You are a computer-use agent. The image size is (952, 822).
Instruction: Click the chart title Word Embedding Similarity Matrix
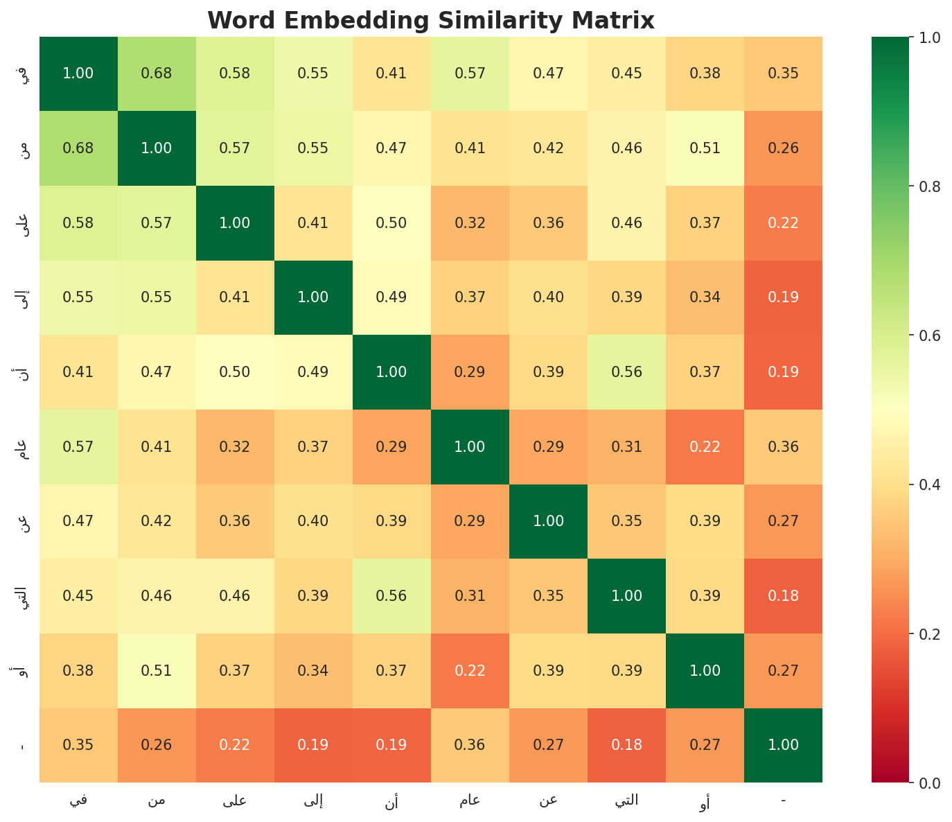pyautogui.click(x=430, y=20)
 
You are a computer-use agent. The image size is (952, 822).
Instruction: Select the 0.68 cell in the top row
pyautogui.click(x=157, y=73)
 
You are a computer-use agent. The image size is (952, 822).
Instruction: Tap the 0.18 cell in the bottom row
pyautogui.click(x=626, y=745)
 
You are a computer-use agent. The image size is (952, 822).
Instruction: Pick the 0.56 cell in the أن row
pyautogui.click(x=626, y=372)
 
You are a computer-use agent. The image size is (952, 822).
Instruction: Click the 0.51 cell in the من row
pyautogui.click(x=705, y=148)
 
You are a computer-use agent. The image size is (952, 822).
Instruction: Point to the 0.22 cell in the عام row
pyautogui.click(x=705, y=447)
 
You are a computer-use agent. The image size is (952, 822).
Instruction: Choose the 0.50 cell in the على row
pyautogui.click(x=391, y=223)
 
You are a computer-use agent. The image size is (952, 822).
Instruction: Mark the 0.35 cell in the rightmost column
pyautogui.click(x=783, y=73)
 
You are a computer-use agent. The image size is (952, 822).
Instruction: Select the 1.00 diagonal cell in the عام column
pyautogui.click(x=470, y=447)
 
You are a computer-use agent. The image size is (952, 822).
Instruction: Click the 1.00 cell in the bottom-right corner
pyautogui.click(x=783, y=745)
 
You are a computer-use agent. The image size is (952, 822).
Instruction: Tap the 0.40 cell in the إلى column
pyautogui.click(x=313, y=521)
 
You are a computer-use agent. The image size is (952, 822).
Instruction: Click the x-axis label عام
pyautogui.click(x=470, y=801)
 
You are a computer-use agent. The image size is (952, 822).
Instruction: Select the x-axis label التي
pyautogui.click(x=626, y=801)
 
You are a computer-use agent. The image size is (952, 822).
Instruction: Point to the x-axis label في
pyautogui.click(x=78, y=801)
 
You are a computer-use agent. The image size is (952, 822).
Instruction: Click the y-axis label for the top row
pyautogui.click(x=22, y=73)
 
